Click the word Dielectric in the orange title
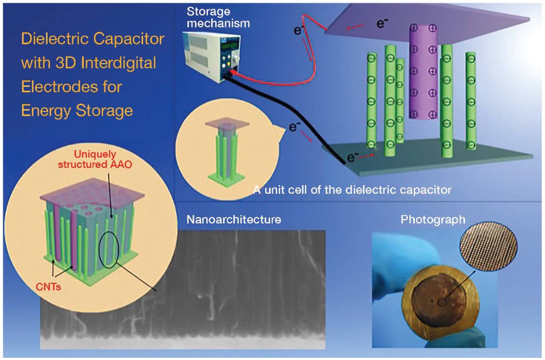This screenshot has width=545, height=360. point(54,38)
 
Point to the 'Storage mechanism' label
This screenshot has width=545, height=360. point(218,17)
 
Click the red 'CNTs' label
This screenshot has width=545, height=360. point(48,287)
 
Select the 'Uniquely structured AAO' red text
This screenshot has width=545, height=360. point(95,159)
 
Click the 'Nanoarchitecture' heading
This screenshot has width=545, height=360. point(233,220)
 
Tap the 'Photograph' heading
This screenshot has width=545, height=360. point(433,220)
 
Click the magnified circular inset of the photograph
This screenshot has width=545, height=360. point(488,247)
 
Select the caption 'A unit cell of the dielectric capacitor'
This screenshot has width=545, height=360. point(352,189)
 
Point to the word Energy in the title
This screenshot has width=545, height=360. point(46,111)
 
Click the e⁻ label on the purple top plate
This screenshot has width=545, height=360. point(382,23)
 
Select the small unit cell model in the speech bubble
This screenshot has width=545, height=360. point(227,153)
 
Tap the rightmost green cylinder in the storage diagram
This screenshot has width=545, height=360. point(470,101)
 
